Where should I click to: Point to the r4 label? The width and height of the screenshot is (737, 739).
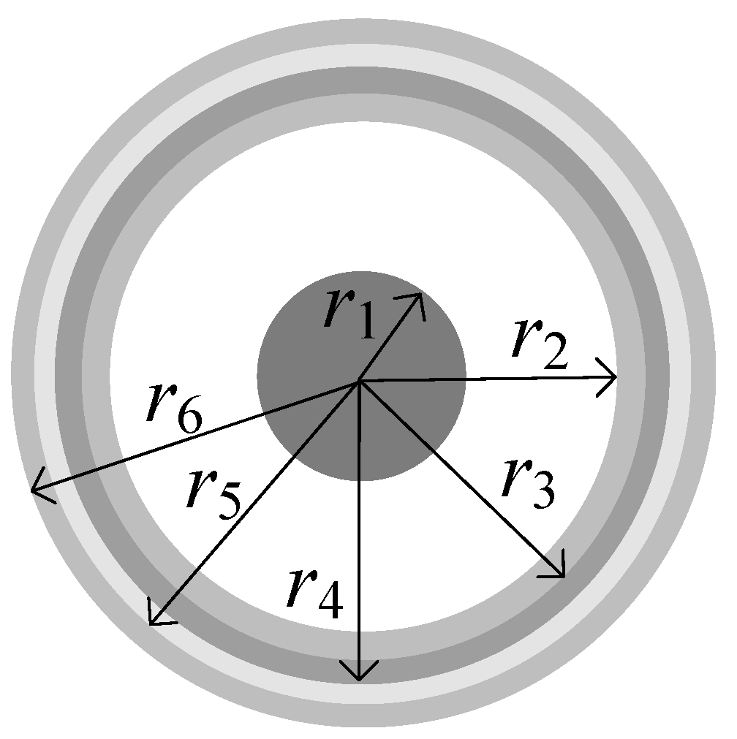pyautogui.click(x=314, y=592)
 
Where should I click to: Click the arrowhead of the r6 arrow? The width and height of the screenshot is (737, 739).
pyautogui.click(x=37, y=489)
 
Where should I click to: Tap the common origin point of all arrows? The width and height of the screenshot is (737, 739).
pyautogui.click(x=359, y=381)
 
